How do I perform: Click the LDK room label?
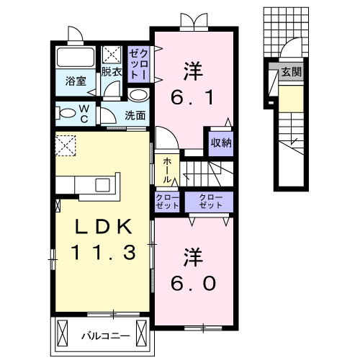103,228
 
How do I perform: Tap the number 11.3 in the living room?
102,252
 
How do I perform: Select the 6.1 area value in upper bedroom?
192,97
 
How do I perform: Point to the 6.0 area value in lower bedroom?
192,283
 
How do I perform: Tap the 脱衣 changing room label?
111,72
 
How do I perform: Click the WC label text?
84,113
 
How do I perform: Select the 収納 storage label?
220,143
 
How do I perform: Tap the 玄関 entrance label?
292,72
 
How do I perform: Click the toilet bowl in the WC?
67,112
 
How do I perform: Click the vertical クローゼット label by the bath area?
138,63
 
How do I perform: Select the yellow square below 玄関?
291,97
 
